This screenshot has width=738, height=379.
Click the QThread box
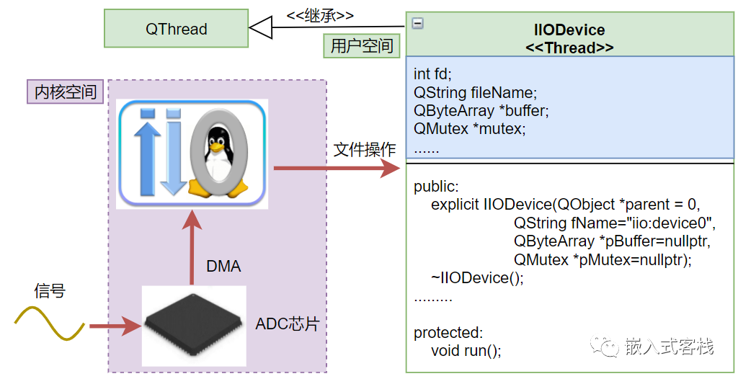pyautogui.click(x=176, y=30)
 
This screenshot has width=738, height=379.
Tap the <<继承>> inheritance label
pyautogui.click(x=320, y=15)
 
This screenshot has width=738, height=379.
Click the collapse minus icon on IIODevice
pyautogui.click(x=417, y=23)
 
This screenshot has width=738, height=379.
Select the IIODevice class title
pyautogui.click(x=570, y=30)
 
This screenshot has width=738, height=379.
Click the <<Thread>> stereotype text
pyautogui.click(x=570, y=48)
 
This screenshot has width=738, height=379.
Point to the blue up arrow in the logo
pyautogui.click(x=148, y=152)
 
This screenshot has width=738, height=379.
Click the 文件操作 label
pyautogui.click(x=365, y=150)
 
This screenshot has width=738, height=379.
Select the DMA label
pyautogui.click(x=223, y=267)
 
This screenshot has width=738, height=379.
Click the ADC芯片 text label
pyautogui.click(x=287, y=324)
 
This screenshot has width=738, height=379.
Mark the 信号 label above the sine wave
pyautogui.click(x=50, y=291)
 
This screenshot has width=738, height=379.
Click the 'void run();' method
pyautogui.click(x=466, y=351)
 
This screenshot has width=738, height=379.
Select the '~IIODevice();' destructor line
pyautogui.click(x=477, y=278)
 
